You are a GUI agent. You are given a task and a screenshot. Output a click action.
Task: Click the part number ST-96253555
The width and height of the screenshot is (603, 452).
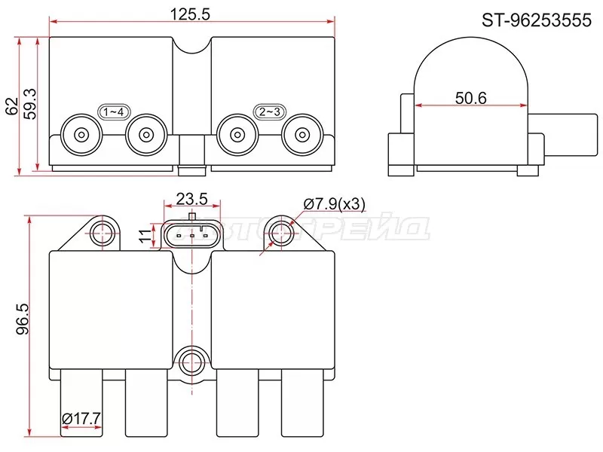(537, 21)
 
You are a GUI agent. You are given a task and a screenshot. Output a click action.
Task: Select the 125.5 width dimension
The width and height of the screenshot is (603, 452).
(191, 14)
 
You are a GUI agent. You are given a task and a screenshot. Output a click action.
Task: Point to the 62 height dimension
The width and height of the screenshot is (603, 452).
(11, 105)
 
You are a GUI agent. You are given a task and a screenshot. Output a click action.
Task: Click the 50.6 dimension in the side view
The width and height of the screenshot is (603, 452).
(472, 97)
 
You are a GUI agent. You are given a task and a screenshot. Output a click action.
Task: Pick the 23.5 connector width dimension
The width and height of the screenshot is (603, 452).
(191, 199)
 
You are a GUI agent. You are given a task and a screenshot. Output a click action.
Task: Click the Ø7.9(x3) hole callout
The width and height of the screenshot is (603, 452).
(334, 204)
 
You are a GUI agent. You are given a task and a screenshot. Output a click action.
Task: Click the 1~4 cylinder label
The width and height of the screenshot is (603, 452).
(115, 112)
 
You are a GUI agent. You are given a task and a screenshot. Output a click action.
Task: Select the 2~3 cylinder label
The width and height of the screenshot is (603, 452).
(270, 112)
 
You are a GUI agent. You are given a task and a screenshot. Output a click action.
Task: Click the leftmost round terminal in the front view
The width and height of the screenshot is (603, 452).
(80, 136)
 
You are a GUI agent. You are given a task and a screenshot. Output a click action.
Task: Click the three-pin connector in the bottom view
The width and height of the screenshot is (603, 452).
(192, 234)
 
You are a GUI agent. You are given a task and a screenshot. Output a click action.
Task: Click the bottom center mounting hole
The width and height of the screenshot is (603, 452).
(192, 361)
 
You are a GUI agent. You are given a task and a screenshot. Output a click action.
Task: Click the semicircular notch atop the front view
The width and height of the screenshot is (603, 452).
(191, 47)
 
